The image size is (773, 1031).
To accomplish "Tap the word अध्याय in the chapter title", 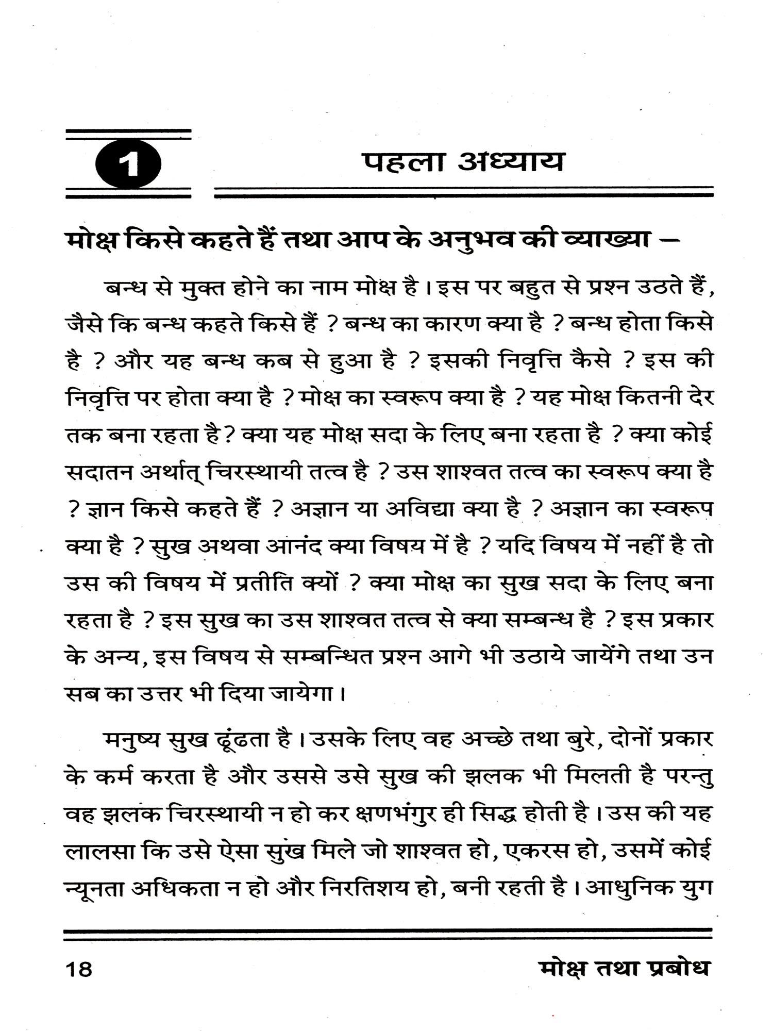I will tap(510, 161).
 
